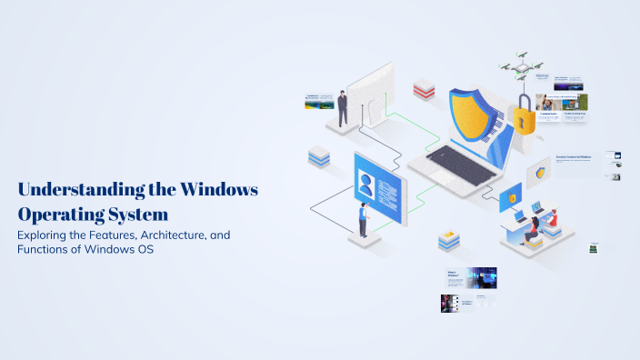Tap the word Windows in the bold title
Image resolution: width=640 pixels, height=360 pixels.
pyautogui.click(x=219, y=191)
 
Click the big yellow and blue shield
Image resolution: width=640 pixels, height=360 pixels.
pyautogui.click(x=477, y=118)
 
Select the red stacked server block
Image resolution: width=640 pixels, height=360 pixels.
pyautogui.click(x=425, y=89)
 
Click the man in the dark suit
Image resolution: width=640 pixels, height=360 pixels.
pyautogui.click(x=343, y=108)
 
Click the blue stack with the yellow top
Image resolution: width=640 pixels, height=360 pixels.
pyautogui.click(x=449, y=240)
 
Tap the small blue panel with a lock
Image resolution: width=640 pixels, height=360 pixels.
pyautogui.click(x=511, y=196)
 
